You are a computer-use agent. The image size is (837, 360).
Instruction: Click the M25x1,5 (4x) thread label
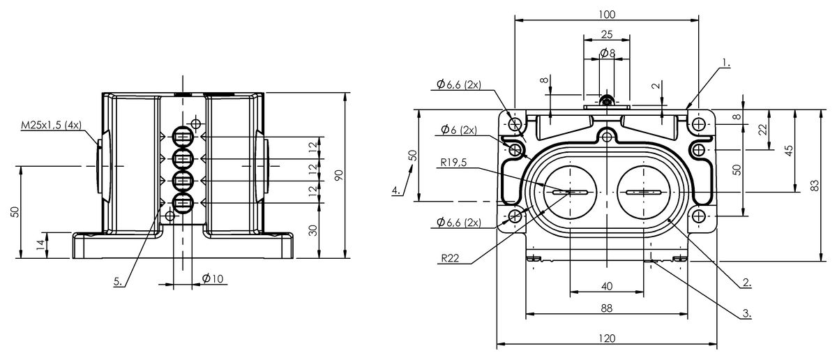tap(51, 126)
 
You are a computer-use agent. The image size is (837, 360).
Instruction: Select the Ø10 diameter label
tap(213, 278)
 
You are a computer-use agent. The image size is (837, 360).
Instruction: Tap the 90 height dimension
tap(338, 175)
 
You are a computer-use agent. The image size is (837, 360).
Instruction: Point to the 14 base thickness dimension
tap(40, 245)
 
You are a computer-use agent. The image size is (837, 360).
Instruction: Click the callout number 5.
tap(118, 281)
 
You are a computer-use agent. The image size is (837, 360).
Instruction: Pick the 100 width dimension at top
tap(607, 15)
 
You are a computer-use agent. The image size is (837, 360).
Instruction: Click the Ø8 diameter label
tap(608, 53)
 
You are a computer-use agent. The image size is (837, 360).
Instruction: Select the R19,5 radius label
tap(453, 163)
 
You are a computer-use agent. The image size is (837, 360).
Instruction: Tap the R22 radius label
tap(450, 258)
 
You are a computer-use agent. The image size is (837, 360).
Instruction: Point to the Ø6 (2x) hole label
tap(459, 130)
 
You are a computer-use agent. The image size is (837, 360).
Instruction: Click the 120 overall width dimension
tap(607, 338)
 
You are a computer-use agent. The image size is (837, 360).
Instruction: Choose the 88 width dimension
tap(607, 308)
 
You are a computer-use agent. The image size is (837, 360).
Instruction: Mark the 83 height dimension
tap(815, 186)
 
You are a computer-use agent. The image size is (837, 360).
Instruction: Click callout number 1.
tap(725, 63)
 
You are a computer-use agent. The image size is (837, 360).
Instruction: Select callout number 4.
tap(396, 190)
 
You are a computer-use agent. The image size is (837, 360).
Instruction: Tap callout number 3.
tap(746, 313)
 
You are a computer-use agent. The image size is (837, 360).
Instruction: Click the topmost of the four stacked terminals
tap(183, 137)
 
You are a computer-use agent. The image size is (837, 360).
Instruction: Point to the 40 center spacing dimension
tap(607, 286)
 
